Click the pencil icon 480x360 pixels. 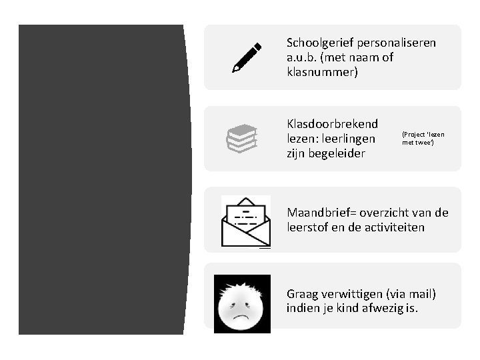[246, 57]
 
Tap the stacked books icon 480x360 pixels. [241, 138]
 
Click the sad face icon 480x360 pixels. [242, 303]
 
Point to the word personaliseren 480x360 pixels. [397, 43]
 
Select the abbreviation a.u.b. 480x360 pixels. [303, 57]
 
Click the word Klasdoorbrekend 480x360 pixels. [332, 124]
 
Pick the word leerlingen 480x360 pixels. [349, 139]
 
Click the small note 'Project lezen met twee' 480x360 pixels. [423, 138]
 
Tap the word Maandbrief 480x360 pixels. [321, 213]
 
